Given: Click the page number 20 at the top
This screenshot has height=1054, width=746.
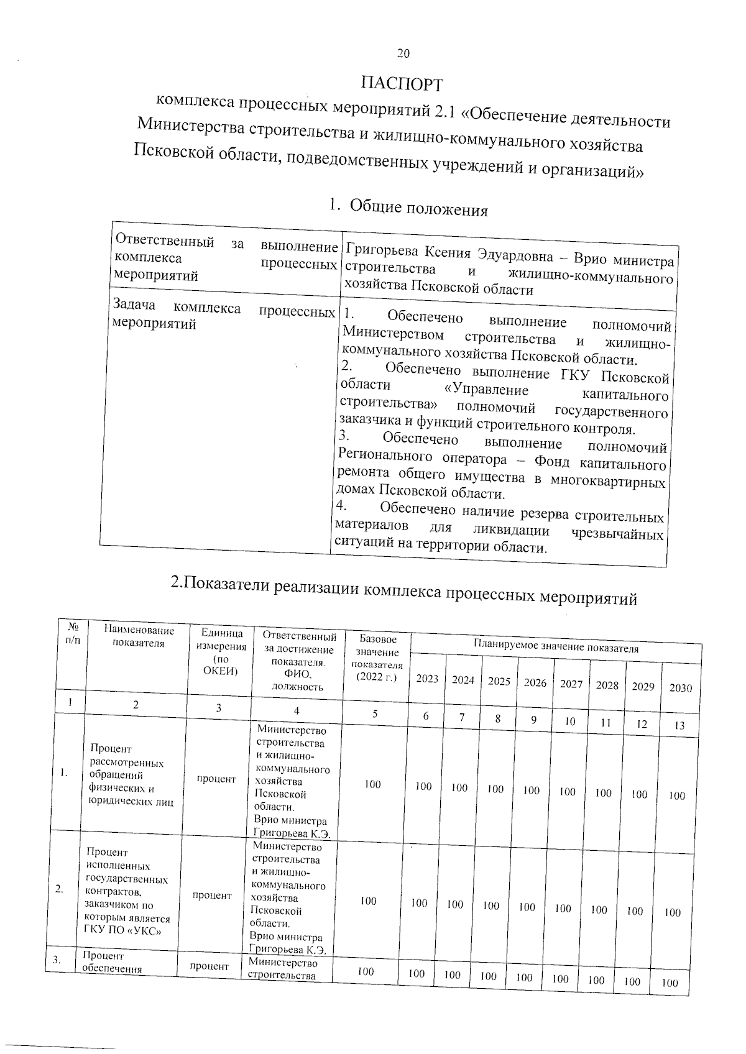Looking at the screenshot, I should pyautogui.click(x=403, y=54).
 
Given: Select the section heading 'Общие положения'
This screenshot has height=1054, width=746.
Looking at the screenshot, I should pyautogui.click(x=418, y=208).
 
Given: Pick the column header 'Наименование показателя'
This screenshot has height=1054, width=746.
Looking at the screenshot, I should pyautogui.click(x=139, y=636).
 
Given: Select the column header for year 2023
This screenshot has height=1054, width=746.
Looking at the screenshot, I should pyautogui.click(x=427, y=679).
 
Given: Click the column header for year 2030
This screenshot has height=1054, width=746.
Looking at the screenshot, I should pyautogui.click(x=681, y=688).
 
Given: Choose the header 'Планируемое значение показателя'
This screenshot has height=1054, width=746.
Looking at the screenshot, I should pyautogui.click(x=556, y=648).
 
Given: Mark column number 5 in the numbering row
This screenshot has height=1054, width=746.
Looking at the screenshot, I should pyautogui.click(x=375, y=714).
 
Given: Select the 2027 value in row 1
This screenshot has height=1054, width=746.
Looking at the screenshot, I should pyautogui.click(x=567, y=792).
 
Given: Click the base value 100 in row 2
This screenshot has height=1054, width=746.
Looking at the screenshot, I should pyautogui.click(x=368, y=900).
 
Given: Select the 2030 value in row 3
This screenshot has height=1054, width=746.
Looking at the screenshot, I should pyautogui.click(x=670, y=983).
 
